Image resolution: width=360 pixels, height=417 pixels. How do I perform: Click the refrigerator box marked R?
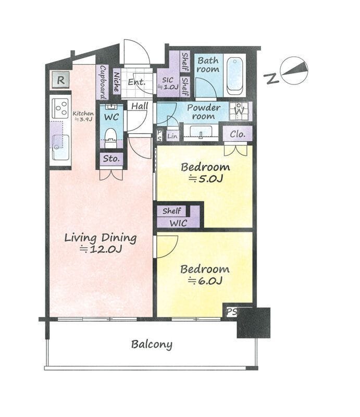click(x=60, y=80)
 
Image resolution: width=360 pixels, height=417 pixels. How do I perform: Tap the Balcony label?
click(x=152, y=345)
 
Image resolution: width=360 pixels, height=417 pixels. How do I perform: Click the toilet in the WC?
click(x=110, y=138)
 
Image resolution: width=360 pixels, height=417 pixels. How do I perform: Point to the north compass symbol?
click(x=294, y=70)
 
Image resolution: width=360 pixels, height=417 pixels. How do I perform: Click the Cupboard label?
click(x=103, y=82)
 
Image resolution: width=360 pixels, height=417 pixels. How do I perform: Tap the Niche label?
click(x=117, y=82)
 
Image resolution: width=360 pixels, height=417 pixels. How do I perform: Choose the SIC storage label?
click(x=168, y=83)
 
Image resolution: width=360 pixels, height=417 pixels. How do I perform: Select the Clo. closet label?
click(x=238, y=134)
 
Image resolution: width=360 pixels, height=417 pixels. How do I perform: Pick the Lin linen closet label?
click(x=172, y=137)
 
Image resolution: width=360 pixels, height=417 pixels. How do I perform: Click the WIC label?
click(x=178, y=223)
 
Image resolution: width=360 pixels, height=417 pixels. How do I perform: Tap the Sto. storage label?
click(x=111, y=159)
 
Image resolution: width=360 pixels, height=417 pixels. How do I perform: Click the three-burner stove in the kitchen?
click(x=60, y=108)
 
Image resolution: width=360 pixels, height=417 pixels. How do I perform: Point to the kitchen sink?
click(x=60, y=147)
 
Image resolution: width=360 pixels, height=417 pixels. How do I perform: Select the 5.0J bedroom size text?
click(x=205, y=179)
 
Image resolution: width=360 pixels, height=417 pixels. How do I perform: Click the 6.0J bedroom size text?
click(x=205, y=281)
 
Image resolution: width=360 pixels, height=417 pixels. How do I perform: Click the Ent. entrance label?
click(x=136, y=82)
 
